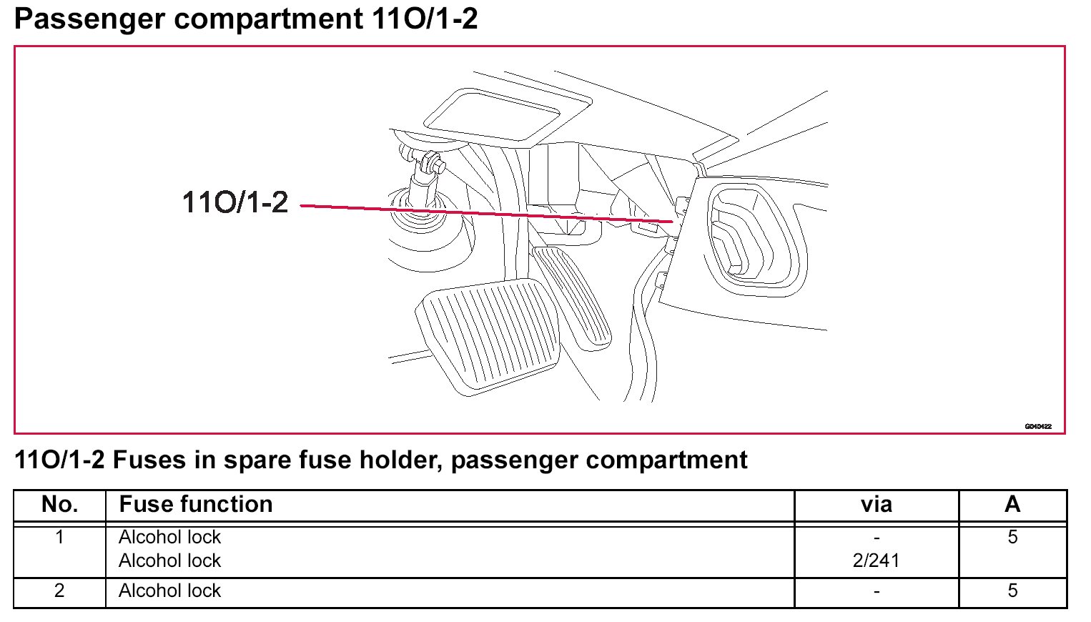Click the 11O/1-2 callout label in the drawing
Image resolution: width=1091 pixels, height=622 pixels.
(235, 202)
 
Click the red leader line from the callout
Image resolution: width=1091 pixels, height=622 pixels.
(486, 213)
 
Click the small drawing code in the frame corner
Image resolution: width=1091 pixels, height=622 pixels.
(1037, 426)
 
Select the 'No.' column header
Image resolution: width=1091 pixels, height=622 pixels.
(60, 505)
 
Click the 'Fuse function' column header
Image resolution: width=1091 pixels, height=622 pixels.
(196, 505)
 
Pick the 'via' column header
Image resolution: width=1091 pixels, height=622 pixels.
(877, 505)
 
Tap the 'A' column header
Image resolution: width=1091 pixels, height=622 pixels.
(1012, 505)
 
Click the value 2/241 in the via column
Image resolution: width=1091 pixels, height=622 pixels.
(876, 561)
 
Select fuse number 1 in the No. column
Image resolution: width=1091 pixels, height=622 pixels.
(60, 537)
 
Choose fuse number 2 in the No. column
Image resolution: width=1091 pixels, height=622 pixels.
(60, 591)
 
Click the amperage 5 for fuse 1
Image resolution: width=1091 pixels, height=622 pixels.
(1012, 537)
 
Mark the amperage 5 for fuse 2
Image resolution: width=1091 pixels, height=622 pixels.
(1012, 591)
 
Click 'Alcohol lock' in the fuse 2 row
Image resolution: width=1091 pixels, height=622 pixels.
(170, 591)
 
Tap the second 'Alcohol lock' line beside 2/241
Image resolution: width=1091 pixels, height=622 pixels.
(170, 561)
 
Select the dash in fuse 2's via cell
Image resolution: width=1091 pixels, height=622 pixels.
(877, 591)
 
